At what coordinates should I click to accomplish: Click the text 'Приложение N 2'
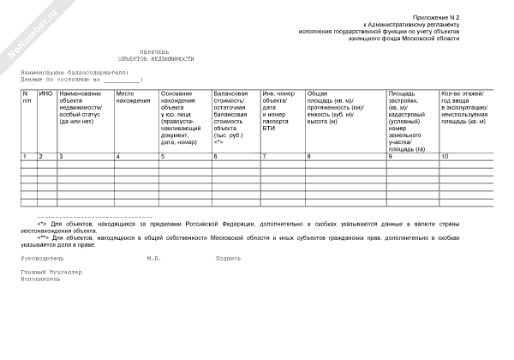pos(461,18)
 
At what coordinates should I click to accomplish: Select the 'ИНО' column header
pos(47,93)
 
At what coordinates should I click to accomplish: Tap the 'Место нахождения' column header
pos(132,97)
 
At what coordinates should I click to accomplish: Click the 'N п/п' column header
pos(27,97)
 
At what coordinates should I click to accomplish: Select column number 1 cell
pos(25,157)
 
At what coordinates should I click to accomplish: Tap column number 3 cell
pos(61,157)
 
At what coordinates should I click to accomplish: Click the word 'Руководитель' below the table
pos(43,256)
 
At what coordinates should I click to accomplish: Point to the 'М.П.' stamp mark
pos(154,256)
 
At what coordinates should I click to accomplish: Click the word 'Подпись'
pos(228,256)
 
